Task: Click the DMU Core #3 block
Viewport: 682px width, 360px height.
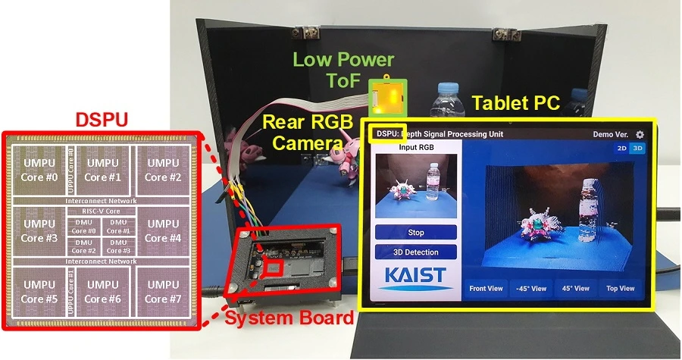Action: click(x=117, y=246)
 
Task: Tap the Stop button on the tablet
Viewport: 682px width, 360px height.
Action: click(x=415, y=233)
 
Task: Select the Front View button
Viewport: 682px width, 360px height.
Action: click(x=486, y=289)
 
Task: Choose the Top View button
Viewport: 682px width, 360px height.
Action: click(x=620, y=289)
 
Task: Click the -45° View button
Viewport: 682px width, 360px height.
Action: click(x=530, y=289)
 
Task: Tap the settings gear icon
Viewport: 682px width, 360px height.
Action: click(x=640, y=134)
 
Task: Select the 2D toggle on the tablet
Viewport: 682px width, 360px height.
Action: click(x=621, y=149)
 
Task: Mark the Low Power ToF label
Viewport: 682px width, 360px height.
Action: click(x=343, y=68)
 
